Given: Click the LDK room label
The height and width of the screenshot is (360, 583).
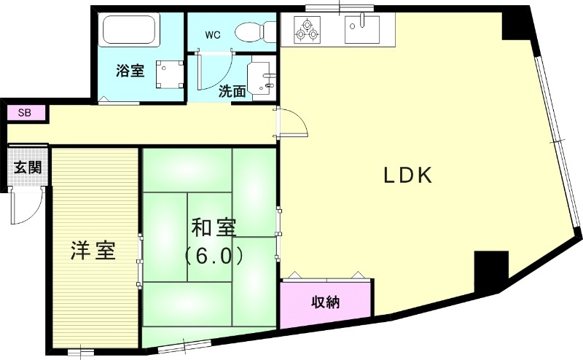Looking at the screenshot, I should point(409,175).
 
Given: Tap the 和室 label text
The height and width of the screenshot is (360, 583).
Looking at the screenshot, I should point(214,227).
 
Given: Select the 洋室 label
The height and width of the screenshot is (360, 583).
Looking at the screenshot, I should point(93,251).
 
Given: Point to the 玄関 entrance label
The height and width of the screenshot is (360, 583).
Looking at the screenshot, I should point(28,167).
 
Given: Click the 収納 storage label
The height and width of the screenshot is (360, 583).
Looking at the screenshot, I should point(326,302).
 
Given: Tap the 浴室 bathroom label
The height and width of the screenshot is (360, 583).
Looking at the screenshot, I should point(130,71).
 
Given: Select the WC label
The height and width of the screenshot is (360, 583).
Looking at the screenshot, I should point(212,34).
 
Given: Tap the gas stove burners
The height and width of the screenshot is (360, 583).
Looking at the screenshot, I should point(307,29).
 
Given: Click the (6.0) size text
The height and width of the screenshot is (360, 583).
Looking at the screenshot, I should point(213,257).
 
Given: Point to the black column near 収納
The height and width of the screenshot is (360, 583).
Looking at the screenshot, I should point(490,270).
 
